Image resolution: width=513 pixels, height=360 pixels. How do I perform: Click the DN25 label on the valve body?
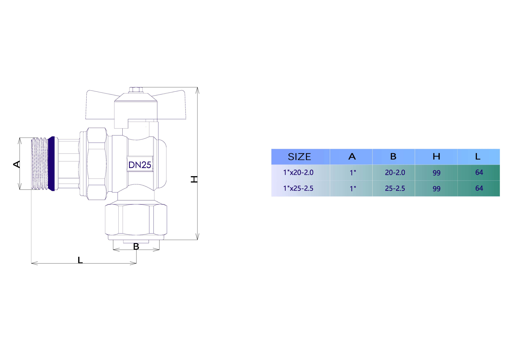(x=140, y=165)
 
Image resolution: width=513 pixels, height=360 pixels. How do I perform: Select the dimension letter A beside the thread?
(x=17, y=164)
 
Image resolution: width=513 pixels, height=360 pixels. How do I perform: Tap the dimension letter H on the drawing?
(x=194, y=179)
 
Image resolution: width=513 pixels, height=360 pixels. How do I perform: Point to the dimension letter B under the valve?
(x=136, y=246)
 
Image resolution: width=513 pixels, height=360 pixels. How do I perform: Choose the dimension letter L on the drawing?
(x=80, y=260)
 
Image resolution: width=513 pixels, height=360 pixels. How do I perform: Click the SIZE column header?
(x=300, y=157)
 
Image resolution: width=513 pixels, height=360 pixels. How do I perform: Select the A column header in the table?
(x=352, y=156)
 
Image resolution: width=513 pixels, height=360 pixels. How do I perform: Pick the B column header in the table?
(x=393, y=156)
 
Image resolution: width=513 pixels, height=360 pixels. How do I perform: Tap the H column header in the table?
(x=437, y=156)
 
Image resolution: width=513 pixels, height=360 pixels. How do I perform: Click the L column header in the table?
(x=478, y=156)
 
